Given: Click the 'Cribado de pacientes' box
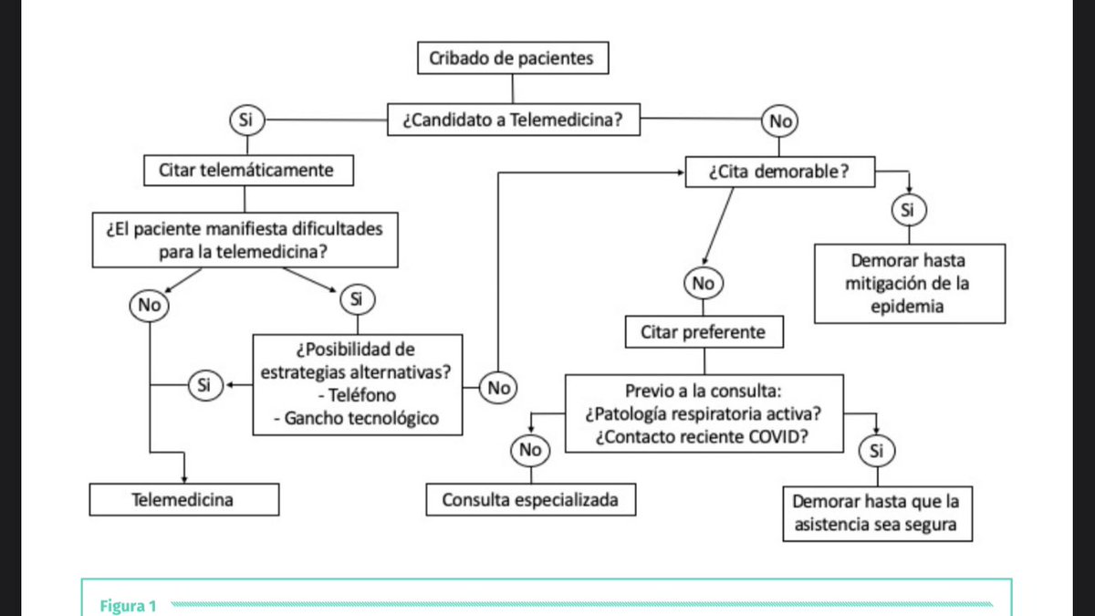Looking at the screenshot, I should tap(512, 59).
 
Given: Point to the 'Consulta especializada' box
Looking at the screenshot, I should tap(530, 499).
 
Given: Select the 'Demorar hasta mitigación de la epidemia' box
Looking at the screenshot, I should tap(910, 283).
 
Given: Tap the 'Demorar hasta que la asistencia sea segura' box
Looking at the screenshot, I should tap(877, 514).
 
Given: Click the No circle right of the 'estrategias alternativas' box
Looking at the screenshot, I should tap(498, 388).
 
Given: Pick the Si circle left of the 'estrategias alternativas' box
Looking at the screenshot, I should tap(203, 386).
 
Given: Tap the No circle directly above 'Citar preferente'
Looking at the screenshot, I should tap(703, 284).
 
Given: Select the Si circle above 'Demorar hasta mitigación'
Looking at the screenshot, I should tap(908, 210).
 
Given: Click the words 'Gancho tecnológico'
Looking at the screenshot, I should tap(357, 418).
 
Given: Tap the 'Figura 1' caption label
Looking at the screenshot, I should tap(129, 604).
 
